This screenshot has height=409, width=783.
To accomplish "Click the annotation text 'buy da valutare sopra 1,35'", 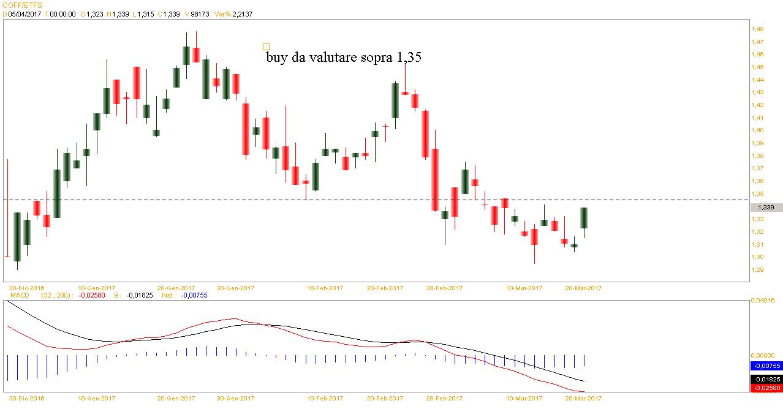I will [x=344, y=57].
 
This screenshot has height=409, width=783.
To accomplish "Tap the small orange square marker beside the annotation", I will [x=266, y=47].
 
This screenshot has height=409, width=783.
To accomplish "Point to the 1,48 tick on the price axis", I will [x=757, y=29].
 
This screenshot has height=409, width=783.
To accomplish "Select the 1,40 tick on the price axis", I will [x=757, y=130].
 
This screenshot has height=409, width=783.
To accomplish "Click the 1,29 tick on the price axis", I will [x=757, y=270].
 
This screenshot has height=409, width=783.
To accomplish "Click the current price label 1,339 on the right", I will [x=766, y=208].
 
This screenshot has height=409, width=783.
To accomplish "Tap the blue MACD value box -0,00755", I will [x=766, y=366].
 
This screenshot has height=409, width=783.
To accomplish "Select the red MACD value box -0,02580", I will [x=766, y=388].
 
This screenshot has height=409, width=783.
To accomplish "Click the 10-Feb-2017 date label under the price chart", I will [x=325, y=287].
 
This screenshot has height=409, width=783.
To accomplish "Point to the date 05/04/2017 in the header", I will [x=25, y=13].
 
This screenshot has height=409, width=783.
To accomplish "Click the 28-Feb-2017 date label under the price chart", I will [x=445, y=287].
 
